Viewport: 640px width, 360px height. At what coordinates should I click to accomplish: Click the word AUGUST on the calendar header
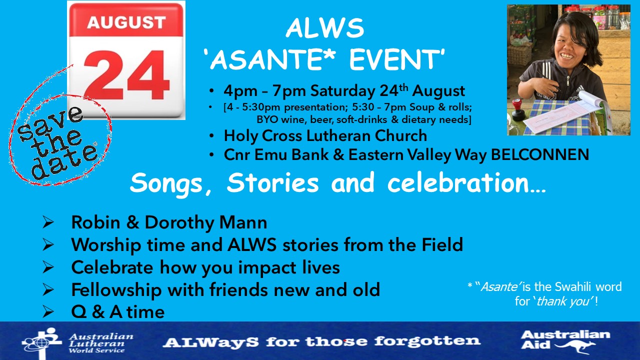tap(126, 22)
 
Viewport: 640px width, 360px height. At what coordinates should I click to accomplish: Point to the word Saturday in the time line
tap(342, 91)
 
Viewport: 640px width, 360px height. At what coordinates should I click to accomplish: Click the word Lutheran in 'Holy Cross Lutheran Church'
tap(338, 135)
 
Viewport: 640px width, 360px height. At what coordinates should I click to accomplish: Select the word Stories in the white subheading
tap(272, 182)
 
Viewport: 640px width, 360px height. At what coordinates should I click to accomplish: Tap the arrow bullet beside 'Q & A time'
tap(48, 311)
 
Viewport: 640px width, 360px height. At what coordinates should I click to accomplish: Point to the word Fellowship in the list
tap(116, 290)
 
